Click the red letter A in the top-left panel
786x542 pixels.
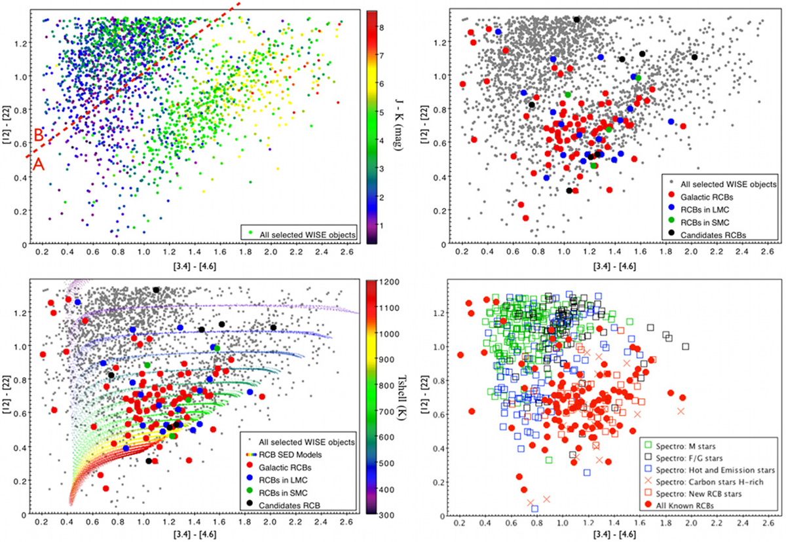click(x=39, y=166)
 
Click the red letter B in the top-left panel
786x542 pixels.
click(x=39, y=135)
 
